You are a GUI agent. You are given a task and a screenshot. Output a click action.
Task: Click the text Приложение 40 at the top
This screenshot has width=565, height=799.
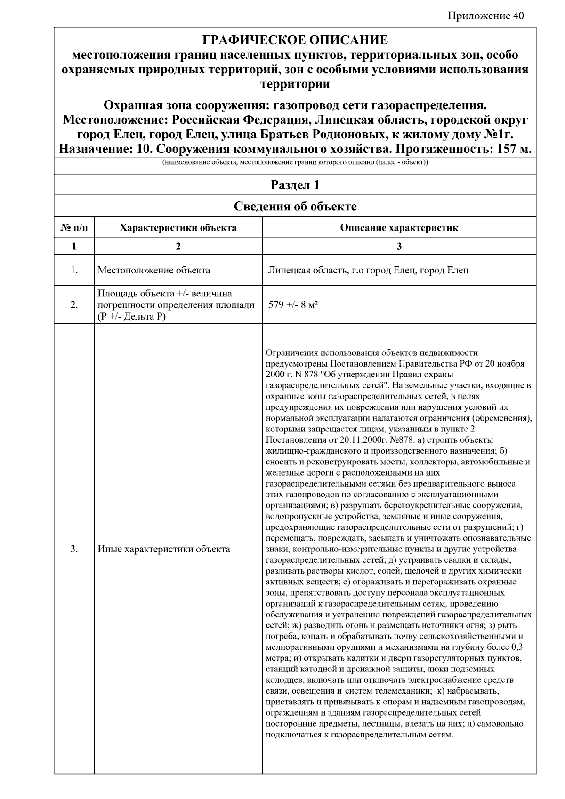pyautogui.click(x=485, y=16)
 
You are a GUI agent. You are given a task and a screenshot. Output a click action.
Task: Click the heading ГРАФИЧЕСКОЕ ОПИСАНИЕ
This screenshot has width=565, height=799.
pyautogui.click(x=295, y=40)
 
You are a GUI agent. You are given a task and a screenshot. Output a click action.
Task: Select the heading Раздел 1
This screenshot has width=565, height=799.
pyautogui.click(x=295, y=185)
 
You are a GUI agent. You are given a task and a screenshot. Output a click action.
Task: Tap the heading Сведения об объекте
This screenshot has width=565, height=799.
pyautogui.click(x=295, y=206)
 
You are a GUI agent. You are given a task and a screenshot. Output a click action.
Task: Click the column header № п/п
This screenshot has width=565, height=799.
pyautogui.click(x=74, y=228)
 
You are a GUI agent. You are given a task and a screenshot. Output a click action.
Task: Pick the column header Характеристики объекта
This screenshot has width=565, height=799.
pyautogui.click(x=178, y=228)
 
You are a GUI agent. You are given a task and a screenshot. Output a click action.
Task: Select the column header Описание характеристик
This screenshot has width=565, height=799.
pyautogui.click(x=399, y=228)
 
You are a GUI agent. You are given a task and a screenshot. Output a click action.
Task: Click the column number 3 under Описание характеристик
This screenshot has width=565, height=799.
pyautogui.click(x=399, y=246)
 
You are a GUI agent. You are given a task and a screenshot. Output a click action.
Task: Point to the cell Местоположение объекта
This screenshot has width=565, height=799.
pyautogui.click(x=153, y=270)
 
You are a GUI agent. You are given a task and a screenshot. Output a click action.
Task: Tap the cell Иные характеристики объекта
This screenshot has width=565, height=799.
pyautogui.click(x=163, y=549)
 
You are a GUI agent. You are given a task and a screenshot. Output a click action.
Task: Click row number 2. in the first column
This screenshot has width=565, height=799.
pyautogui.click(x=74, y=305)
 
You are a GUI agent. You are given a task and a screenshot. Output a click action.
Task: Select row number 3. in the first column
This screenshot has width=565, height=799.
pyautogui.click(x=74, y=549)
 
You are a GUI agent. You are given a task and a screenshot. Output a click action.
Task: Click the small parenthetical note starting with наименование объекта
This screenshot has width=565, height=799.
pyautogui.click(x=295, y=163)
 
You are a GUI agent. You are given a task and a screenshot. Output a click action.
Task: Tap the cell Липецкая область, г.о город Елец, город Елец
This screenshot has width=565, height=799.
pyautogui.click(x=368, y=270)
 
